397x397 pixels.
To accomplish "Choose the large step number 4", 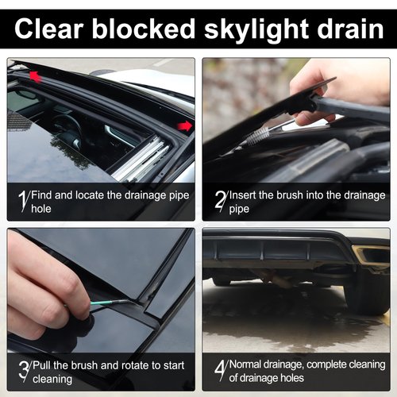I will tap(218, 369).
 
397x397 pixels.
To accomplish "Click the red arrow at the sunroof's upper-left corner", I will tap(35, 75).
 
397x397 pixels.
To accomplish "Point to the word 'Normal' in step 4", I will tap(248, 365).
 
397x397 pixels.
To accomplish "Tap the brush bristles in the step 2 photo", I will tap(258, 135).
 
